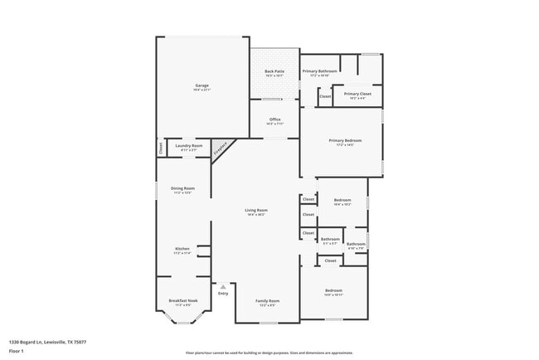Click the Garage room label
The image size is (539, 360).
[x=202, y=86]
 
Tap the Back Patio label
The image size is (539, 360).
[x=274, y=72]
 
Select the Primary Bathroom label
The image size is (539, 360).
[x=318, y=72]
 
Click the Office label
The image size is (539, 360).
[x=274, y=119]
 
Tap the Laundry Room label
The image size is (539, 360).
[x=188, y=146]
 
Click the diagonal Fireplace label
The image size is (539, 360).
[x=221, y=149]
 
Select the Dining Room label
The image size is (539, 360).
[x=182, y=188]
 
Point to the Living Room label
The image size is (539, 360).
[x=255, y=211]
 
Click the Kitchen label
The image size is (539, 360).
[x=182, y=249]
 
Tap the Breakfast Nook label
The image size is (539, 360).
[x=182, y=300]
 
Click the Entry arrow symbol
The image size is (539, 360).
[x=222, y=286]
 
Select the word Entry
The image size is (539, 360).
[x=222, y=294]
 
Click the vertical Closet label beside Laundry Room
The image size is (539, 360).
[x=160, y=148]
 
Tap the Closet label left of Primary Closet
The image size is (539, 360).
[x=325, y=96]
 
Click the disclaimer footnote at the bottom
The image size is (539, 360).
[x=269, y=352]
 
